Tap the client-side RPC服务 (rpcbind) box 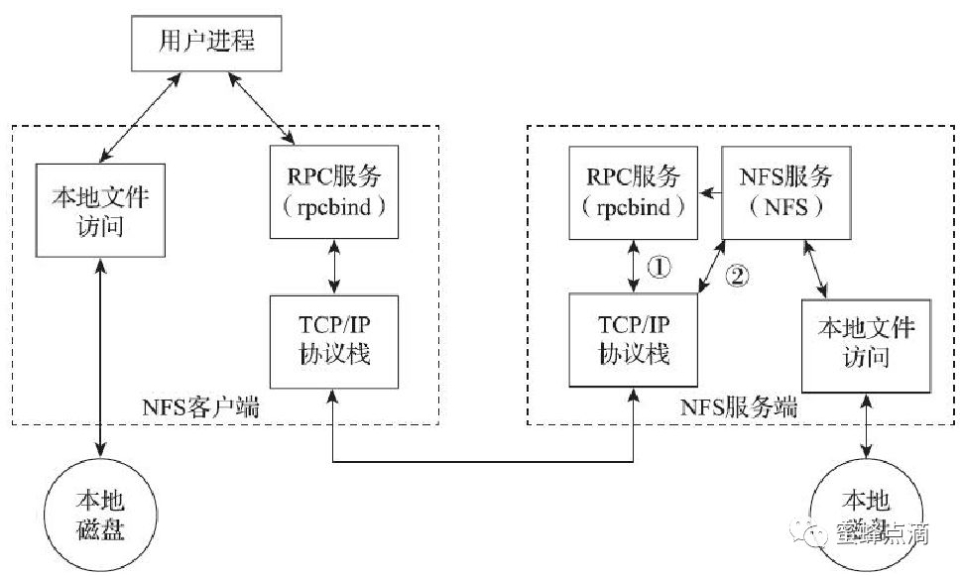[334, 191]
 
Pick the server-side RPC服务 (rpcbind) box [632, 191]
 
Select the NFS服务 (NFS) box [786, 191]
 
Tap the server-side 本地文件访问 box [864, 341]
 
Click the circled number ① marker [659, 267]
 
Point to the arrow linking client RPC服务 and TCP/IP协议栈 [334, 267]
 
